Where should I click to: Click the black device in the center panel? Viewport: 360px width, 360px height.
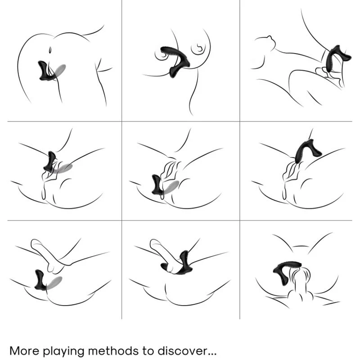coord(157,184)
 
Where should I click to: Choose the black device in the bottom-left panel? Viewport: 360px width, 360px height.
coord(40,280)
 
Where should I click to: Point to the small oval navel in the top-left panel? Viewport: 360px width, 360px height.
coord(50,50)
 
